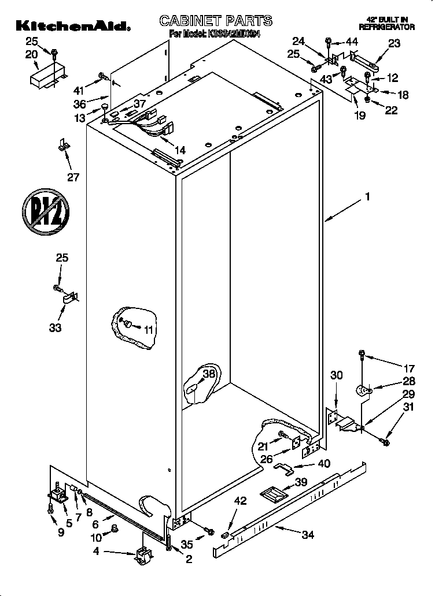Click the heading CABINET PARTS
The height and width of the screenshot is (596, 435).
pos(215,21)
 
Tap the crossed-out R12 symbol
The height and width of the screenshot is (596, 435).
pos(46,211)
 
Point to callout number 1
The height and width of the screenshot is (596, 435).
pos(367,196)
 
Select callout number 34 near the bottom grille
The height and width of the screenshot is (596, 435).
pos(307,535)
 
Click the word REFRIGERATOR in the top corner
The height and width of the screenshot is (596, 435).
pos(386,27)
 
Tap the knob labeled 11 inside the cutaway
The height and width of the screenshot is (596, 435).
pos(128,324)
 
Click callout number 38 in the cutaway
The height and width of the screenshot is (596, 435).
pos(209,374)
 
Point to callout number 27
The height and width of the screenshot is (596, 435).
pos(73,177)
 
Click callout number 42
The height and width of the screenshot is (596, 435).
pos(239,501)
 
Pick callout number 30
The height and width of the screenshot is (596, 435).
pos(336,375)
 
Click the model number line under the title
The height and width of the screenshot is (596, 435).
pos(215,35)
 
